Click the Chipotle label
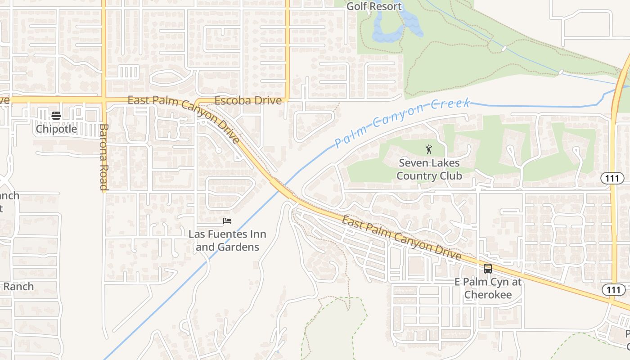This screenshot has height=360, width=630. (56, 129)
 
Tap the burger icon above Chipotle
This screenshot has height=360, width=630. (56, 116)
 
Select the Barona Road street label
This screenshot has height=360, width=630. (103, 157)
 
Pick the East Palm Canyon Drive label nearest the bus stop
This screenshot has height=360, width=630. (401, 238)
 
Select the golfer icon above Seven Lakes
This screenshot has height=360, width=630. (429, 149)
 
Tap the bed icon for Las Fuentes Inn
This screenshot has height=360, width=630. (227, 221)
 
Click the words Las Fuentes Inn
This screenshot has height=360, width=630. (227, 234)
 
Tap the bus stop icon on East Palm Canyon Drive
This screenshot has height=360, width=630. (488, 269)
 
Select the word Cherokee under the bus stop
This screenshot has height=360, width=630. (488, 295)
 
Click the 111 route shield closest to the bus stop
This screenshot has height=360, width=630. (613, 290)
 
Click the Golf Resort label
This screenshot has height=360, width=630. (373, 6)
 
